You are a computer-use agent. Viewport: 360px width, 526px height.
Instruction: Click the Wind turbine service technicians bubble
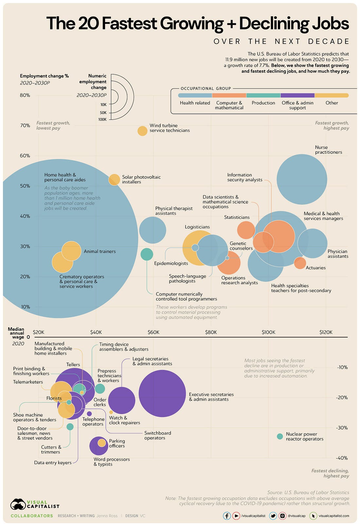[x=142, y=131]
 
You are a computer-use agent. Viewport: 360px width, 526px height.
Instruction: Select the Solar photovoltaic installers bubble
[x=114, y=180]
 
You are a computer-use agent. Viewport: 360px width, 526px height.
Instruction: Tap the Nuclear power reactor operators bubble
[x=280, y=436]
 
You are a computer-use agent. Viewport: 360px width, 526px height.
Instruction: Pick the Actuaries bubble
[x=300, y=263]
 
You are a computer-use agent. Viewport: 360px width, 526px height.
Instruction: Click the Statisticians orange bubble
[x=246, y=230]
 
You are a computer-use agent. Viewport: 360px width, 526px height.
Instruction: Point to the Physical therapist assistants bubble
[x=153, y=230]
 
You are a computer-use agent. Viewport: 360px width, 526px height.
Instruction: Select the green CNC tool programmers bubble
[x=147, y=254]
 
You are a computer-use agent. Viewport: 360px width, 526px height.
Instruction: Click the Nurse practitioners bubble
[x=302, y=179]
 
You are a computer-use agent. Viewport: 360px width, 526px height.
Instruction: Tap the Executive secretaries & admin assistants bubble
[x=162, y=393]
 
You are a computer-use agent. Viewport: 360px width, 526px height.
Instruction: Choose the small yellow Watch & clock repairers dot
[x=111, y=412]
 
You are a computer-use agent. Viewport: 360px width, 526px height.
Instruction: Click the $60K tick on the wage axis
[x=153, y=332]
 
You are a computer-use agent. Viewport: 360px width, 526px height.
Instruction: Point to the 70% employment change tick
[x=25, y=125]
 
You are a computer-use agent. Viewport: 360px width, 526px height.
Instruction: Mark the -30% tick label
[x=342, y=428]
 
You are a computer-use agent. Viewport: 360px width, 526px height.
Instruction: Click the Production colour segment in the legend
[x=263, y=95]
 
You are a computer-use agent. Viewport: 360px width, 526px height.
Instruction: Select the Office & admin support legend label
[x=297, y=105]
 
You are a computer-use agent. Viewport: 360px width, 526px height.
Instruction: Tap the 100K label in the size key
[x=102, y=119]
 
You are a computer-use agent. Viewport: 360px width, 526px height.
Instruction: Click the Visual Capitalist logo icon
[x=18, y=504]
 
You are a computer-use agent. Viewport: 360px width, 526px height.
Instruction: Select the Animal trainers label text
[x=99, y=251]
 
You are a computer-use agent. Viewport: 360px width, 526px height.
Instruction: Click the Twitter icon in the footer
[x=273, y=516]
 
